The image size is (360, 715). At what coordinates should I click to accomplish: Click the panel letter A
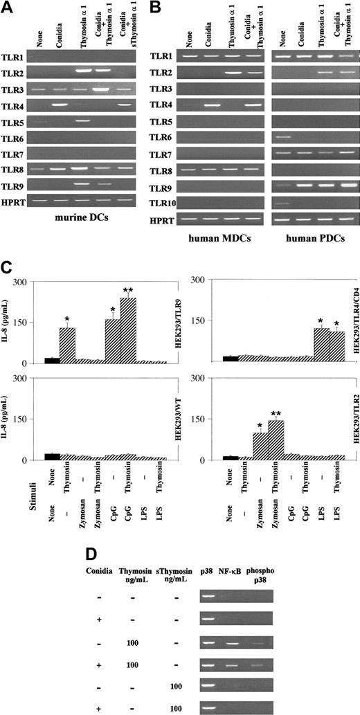[x=8, y=8]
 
